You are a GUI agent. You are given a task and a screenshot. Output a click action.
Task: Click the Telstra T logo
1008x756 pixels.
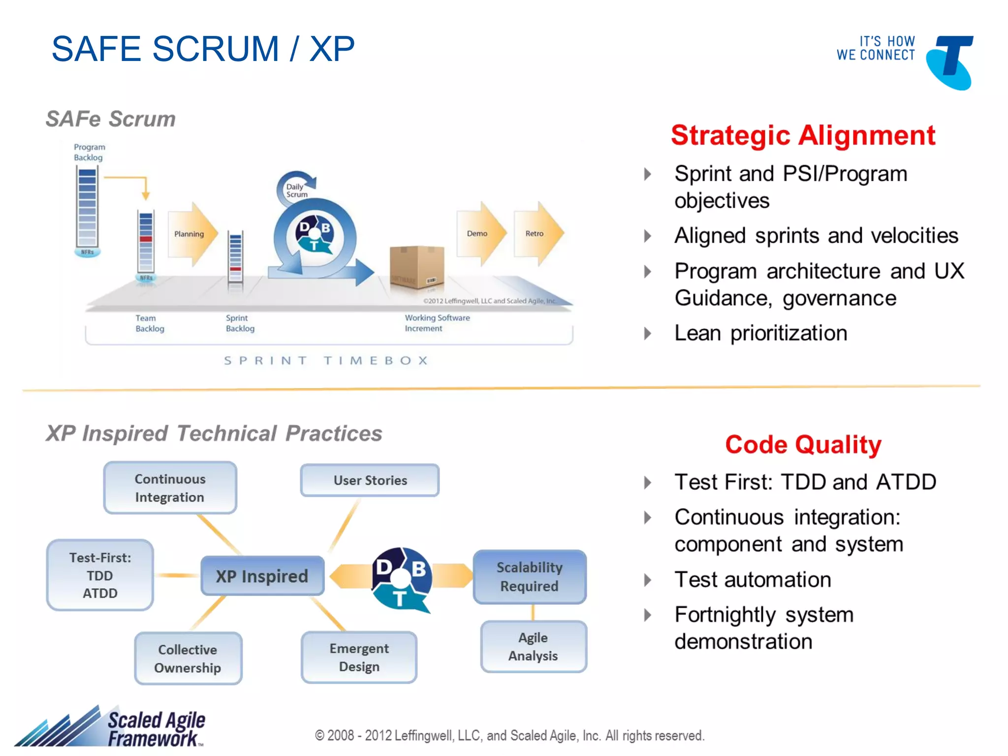949,62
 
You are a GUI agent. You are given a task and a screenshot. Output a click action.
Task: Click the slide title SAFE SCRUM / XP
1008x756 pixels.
203,49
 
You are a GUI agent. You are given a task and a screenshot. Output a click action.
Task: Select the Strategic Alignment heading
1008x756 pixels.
803,135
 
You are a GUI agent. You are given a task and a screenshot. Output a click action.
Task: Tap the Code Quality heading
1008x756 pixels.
803,444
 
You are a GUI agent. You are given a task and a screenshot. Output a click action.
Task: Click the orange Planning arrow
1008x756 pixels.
192,234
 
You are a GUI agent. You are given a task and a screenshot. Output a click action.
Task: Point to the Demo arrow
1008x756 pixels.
480,234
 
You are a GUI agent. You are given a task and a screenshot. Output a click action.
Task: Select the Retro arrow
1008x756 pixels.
537,234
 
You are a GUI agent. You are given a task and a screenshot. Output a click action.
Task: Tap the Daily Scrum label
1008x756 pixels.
296,190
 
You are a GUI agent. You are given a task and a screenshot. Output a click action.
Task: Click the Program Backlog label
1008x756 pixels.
89,152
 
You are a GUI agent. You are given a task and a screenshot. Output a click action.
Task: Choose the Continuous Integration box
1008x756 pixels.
170,488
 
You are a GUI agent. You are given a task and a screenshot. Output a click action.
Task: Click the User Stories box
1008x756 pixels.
370,480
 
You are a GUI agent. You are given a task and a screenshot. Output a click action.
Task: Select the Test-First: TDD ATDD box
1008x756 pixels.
100,575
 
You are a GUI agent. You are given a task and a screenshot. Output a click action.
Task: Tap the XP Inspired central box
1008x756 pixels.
262,576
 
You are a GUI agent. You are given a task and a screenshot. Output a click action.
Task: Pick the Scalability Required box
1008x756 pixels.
529,577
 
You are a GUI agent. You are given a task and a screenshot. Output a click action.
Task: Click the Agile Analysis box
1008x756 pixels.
533,647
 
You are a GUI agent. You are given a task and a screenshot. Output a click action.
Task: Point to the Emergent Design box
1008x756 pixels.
359,658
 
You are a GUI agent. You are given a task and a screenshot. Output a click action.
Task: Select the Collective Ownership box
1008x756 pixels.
188,659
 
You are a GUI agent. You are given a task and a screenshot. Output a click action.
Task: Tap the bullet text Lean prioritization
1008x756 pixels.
760,333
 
